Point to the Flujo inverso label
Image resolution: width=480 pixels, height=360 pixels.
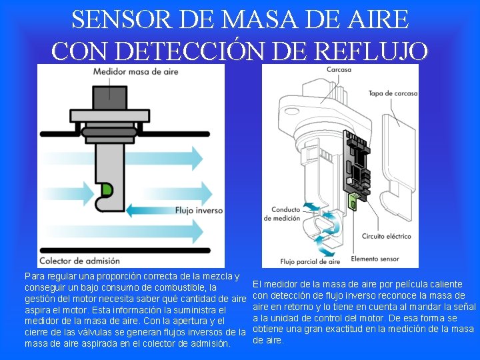[x=198, y=211]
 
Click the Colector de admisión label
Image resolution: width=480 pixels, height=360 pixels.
[x=79, y=261]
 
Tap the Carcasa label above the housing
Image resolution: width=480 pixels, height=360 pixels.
[x=339, y=70]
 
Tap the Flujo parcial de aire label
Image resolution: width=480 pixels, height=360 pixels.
[x=310, y=261]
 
